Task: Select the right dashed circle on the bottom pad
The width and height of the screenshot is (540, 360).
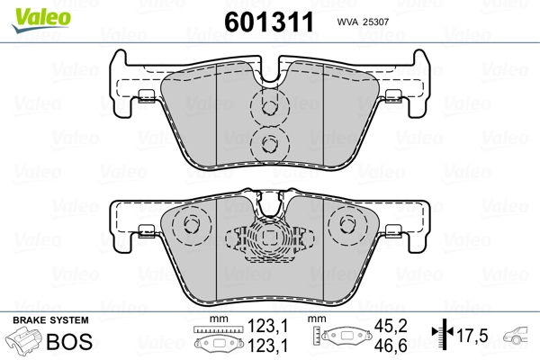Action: coord(345,226)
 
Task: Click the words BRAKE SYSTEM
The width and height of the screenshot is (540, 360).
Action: coord(50,320)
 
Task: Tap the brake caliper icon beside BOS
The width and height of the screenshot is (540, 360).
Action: coord(24,343)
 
